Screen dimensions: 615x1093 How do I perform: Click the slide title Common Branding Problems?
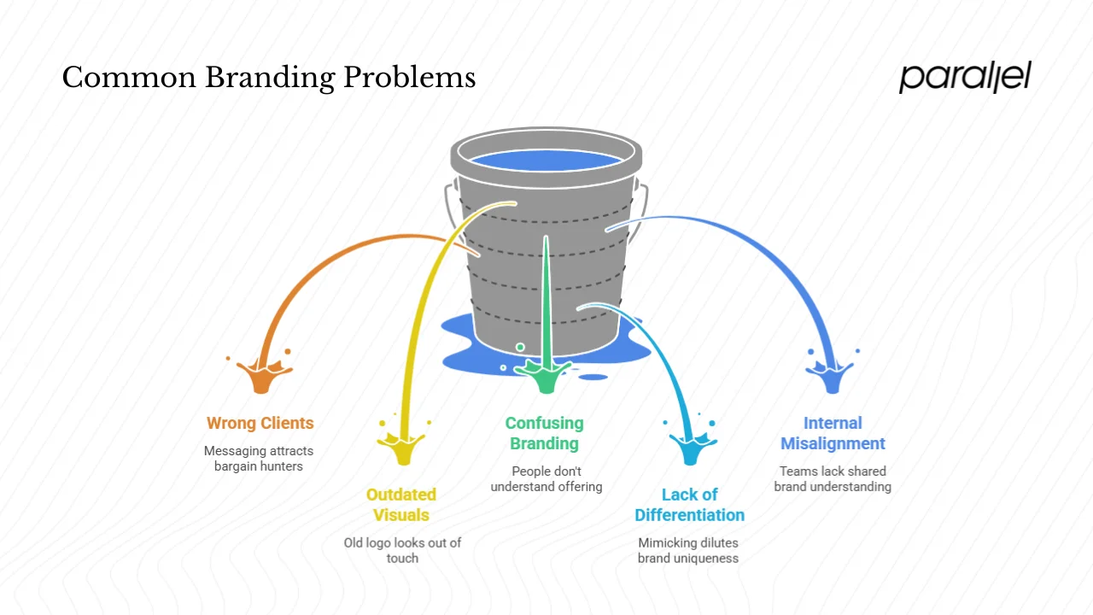coord(268,78)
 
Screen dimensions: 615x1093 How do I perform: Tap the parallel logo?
coord(965,77)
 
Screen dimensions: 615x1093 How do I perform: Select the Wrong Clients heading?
coord(260,423)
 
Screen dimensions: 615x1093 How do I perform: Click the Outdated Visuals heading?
coord(400,504)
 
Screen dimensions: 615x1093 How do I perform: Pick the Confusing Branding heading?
coord(544,433)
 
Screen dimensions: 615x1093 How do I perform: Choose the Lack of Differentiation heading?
coord(689,504)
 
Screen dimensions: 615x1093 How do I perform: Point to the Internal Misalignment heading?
coord(833,433)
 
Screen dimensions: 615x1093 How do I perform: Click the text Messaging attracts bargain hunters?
coord(259,459)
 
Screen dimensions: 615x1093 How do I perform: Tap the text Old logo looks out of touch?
coord(402,550)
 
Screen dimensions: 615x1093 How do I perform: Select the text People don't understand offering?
coord(546,478)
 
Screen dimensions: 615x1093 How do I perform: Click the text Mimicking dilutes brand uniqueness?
coord(688,550)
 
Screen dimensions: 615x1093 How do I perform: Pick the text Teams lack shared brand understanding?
coord(833,478)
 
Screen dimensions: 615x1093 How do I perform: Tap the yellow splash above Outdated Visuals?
coord(402,446)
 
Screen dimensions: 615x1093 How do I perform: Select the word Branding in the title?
coord(270,78)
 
